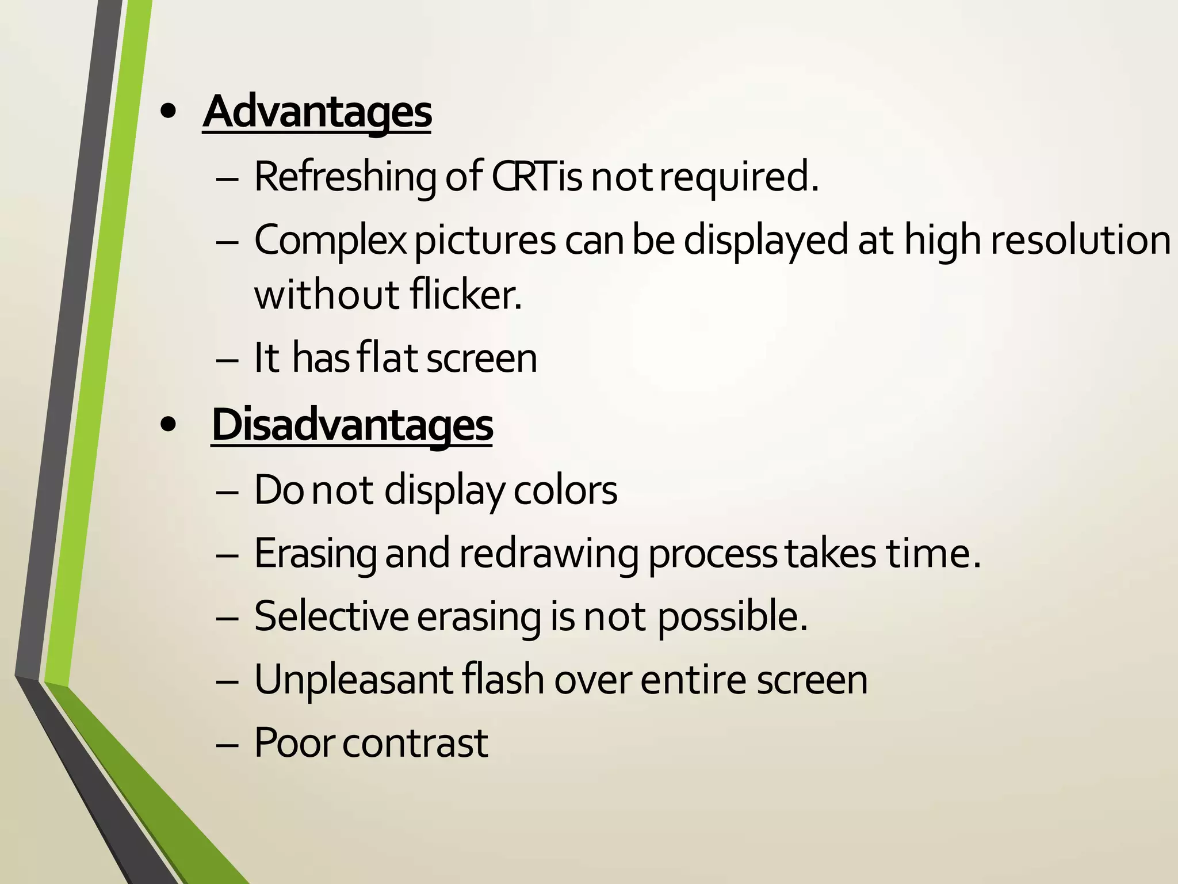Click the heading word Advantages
tap(316, 112)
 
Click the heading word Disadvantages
tap(352, 425)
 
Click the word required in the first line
tap(738, 177)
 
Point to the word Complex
tap(330, 241)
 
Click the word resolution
tap(1080, 239)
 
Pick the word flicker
tap(466, 295)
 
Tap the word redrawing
tap(548, 554)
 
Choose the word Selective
tap(331, 616)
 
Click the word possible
tap(732, 616)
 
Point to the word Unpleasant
tap(353, 680)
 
